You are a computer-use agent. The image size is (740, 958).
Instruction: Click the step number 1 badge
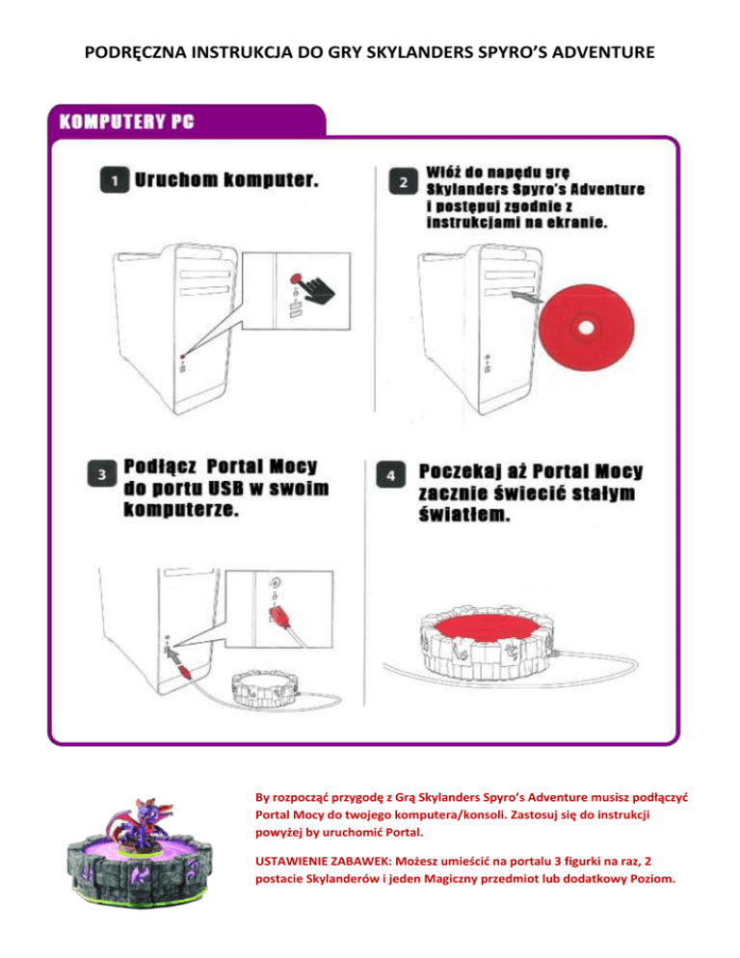(x=115, y=179)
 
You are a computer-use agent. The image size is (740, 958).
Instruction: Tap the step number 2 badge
(x=404, y=181)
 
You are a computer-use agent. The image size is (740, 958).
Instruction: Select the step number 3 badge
(x=102, y=474)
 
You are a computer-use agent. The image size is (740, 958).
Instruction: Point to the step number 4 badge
(x=391, y=475)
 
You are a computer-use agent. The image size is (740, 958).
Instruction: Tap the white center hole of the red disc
(x=586, y=328)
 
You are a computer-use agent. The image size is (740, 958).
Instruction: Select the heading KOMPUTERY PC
(x=126, y=121)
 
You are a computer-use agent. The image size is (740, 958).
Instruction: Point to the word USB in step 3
(x=226, y=489)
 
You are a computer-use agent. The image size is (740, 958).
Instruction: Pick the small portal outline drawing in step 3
(x=265, y=689)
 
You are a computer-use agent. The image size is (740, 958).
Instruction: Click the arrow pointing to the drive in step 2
(x=526, y=297)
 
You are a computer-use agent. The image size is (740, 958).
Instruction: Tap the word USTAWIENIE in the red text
(x=292, y=862)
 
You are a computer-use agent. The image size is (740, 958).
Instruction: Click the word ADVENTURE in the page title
(x=603, y=53)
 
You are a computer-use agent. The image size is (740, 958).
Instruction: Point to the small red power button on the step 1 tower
(x=183, y=357)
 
